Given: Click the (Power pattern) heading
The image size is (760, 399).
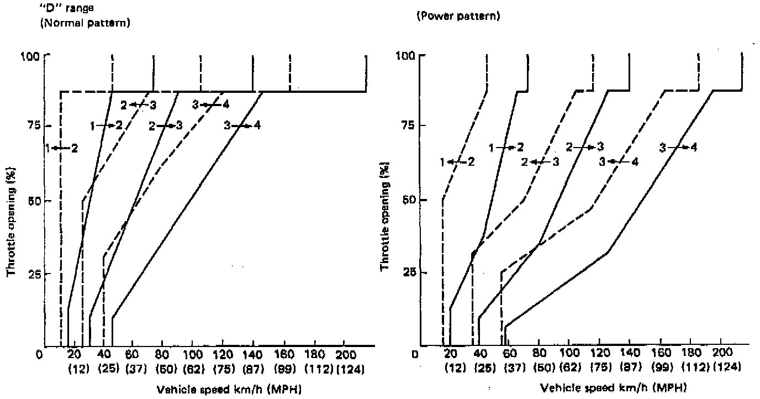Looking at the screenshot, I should [458, 17].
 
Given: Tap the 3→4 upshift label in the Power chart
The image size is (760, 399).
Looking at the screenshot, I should [678, 148].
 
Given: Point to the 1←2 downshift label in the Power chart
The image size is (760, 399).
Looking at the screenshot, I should [457, 162].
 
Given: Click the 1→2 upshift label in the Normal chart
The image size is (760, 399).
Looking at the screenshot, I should [106, 126].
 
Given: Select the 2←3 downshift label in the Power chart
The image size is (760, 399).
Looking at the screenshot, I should [540, 162].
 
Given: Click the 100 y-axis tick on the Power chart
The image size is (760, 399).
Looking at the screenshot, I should [407, 56].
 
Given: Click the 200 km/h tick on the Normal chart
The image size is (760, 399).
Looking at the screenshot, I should [344, 356].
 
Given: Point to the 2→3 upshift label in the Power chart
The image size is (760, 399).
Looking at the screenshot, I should [584, 148].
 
